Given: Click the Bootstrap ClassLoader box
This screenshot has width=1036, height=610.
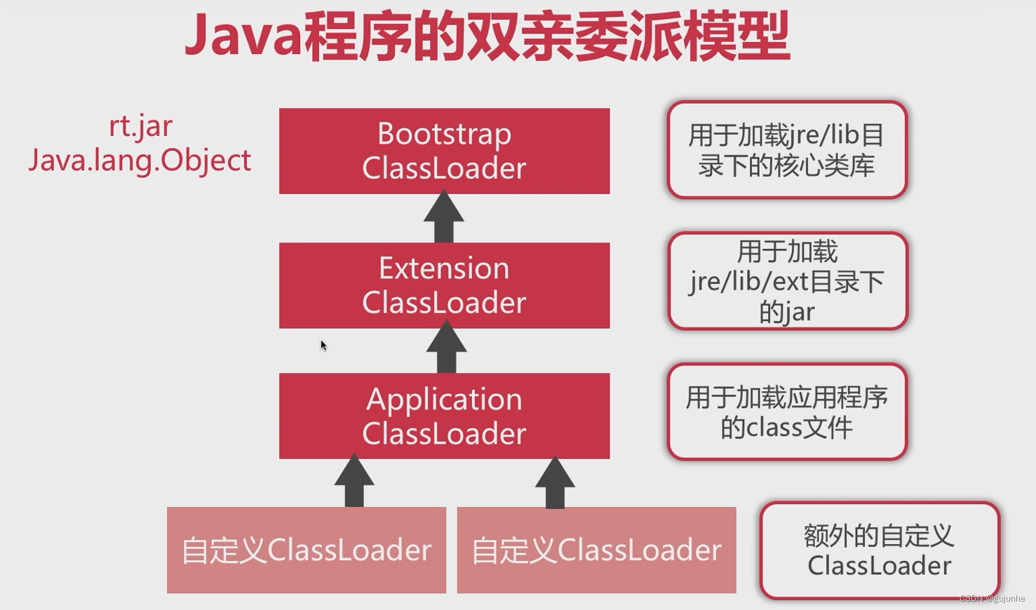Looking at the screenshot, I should click(444, 151).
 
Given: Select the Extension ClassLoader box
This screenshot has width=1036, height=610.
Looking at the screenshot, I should click(444, 285).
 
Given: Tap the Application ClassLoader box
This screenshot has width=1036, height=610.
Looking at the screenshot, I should click(444, 416).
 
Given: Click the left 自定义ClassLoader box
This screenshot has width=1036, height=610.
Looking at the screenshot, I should click(306, 550).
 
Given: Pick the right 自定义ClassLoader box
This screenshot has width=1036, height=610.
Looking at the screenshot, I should click(596, 550).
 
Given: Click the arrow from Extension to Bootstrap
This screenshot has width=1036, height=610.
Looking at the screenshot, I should click(444, 218).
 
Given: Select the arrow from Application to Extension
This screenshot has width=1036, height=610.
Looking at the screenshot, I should click(446, 348).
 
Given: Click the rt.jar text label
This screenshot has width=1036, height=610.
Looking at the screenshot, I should click(140, 127).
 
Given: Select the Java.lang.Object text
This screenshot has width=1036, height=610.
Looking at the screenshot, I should click(140, 161).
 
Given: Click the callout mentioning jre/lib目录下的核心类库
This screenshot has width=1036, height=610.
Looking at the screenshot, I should click(787, 150).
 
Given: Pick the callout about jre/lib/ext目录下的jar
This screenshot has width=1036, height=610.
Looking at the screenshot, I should click(787, 281).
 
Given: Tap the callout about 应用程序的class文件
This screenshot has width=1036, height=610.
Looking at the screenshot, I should click(787, 412).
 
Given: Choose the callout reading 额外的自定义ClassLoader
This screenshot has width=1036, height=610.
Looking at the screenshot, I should click(879, 550).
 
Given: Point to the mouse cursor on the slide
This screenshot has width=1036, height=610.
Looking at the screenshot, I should click(323, 345).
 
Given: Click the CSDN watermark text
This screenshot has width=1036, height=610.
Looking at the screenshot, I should click(992, 598).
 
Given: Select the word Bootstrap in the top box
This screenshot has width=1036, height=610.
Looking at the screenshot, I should click(444, 134).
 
